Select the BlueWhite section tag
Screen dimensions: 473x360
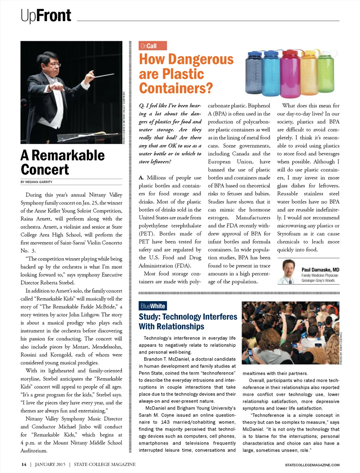153,306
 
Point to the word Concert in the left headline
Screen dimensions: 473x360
45,170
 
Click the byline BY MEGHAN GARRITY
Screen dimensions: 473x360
37,182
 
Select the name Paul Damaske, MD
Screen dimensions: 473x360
320,270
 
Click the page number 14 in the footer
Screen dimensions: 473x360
24,464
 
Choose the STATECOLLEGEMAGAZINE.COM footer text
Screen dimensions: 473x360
312,465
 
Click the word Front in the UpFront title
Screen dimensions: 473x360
54,15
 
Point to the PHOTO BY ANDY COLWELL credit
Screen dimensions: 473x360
341,348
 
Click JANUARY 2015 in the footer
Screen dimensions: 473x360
50,464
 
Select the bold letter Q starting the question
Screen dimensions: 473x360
141,105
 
